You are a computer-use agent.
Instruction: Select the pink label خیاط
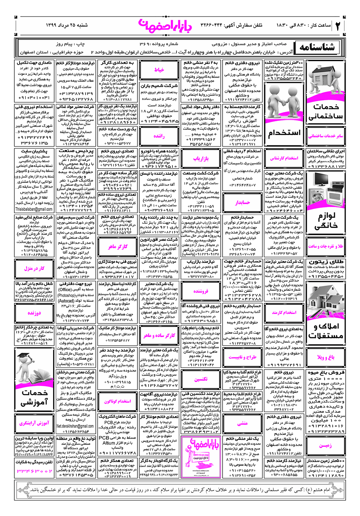pos(159,70)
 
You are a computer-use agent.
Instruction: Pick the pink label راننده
pos(159,136)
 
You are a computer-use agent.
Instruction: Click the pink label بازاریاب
pos(201,158)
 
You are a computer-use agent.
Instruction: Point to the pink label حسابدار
pos(242,202)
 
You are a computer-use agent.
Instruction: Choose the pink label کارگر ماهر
pos(118,247)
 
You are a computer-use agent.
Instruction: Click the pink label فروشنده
pos(201,291)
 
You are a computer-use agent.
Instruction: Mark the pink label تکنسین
pos(201,379)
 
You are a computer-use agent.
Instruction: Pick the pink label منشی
pos(242,423)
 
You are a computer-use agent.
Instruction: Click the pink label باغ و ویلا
pos(326,357)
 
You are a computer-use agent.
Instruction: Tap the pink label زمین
pos(326,445)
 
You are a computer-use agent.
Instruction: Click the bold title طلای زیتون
pos(326,262)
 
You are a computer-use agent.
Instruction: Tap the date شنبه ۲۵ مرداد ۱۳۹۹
pos(67,25)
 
